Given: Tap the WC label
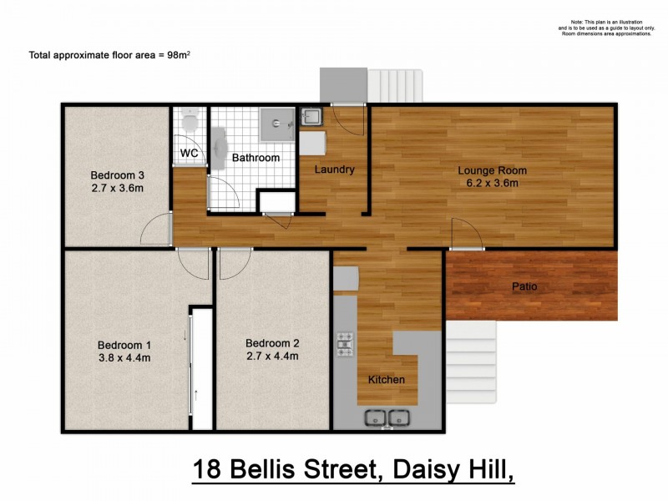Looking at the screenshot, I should (x=190, y=154).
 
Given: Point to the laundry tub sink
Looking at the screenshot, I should (x=311, y=116).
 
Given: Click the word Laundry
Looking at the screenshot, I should (x=334, y=170).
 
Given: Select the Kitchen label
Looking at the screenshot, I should (x=387, y=380).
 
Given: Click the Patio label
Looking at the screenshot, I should (x=524, y=287).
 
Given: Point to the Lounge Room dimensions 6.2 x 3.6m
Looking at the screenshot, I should (x=492, y=184).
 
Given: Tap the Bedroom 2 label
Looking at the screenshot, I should (x=272, y=343).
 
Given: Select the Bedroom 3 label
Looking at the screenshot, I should (x=118, y=175).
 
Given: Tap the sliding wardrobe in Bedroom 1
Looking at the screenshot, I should (x=198, y=367).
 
